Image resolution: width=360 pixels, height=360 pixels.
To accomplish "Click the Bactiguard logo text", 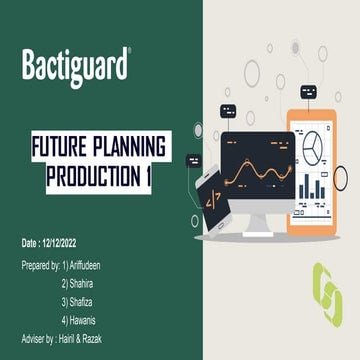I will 76,66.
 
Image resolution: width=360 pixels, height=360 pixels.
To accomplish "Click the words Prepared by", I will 40,265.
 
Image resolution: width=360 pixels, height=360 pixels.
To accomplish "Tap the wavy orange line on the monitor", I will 257,181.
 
